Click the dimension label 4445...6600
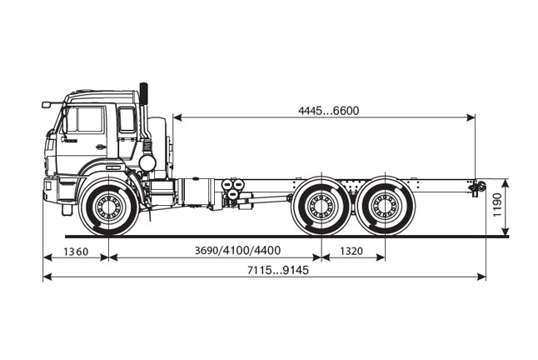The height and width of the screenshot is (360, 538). [328, 111]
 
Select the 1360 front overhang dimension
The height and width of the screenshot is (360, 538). [76, 252]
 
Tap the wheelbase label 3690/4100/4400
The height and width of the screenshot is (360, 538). [237, 251]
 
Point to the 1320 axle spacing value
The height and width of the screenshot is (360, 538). [351, 251]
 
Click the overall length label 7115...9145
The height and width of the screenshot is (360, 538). [278, 270]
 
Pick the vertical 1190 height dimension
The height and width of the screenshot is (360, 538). [497, 205]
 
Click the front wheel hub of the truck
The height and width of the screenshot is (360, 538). [109, 207]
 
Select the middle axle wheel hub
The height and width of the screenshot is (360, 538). [321, 207]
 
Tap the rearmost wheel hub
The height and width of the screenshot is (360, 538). [385, 207]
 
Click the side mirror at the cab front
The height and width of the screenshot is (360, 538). [47, 105]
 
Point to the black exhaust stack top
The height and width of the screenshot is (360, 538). [143, 93]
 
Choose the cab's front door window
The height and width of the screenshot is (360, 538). [84, 119]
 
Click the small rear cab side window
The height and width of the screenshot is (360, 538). [127, 119]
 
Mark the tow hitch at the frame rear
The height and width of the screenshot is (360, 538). [476, 187]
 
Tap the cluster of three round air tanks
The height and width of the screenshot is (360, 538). [232, 188]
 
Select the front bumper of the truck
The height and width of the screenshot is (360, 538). [50, 190]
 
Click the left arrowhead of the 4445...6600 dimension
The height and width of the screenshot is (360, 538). [177, 117]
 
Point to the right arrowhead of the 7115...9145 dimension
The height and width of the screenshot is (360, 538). [481, 277]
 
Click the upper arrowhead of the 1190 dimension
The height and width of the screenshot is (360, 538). [506, 183]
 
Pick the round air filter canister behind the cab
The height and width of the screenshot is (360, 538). [147, 162]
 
